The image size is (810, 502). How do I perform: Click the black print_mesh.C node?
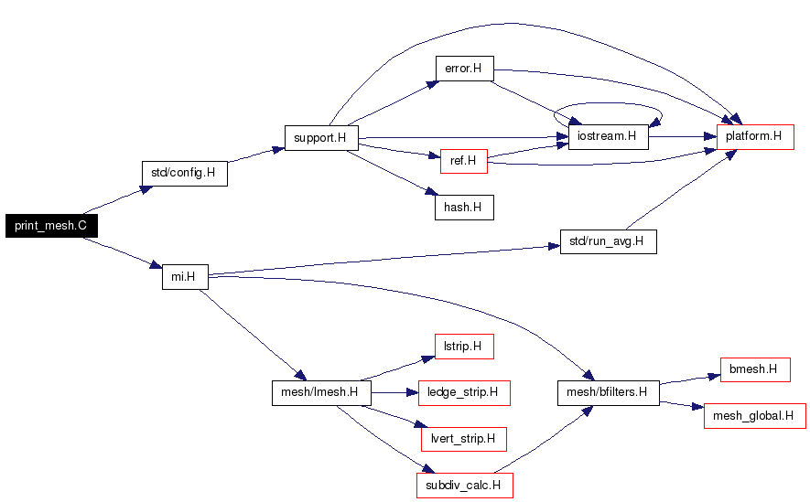point(51,226)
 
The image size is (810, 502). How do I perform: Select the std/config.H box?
point(184,174)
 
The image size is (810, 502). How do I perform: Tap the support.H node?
point(321,138)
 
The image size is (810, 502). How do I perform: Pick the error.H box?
point(464,69)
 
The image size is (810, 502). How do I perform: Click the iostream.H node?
point(608,137)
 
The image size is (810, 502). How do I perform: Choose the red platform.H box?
point(755,137)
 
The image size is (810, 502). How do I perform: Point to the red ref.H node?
point(464,161)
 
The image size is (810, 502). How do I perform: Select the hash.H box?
point(464,208)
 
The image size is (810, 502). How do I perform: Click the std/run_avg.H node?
point(609,241)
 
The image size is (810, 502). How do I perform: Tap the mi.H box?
point(185,277)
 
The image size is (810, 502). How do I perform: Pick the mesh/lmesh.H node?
point(321,393)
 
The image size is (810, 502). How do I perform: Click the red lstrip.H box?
point(464,347)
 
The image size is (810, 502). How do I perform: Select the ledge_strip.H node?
point(464,393)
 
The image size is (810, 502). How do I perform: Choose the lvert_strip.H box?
point(464,439)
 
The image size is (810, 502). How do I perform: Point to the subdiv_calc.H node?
point(464,486)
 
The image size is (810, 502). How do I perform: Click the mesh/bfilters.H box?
point(608,393)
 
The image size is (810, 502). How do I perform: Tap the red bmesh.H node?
point(755,369)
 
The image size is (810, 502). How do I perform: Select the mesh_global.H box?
point(755,416)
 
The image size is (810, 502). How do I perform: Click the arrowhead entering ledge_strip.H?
point(412,393)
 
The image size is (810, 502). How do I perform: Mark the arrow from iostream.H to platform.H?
point(683,137)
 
